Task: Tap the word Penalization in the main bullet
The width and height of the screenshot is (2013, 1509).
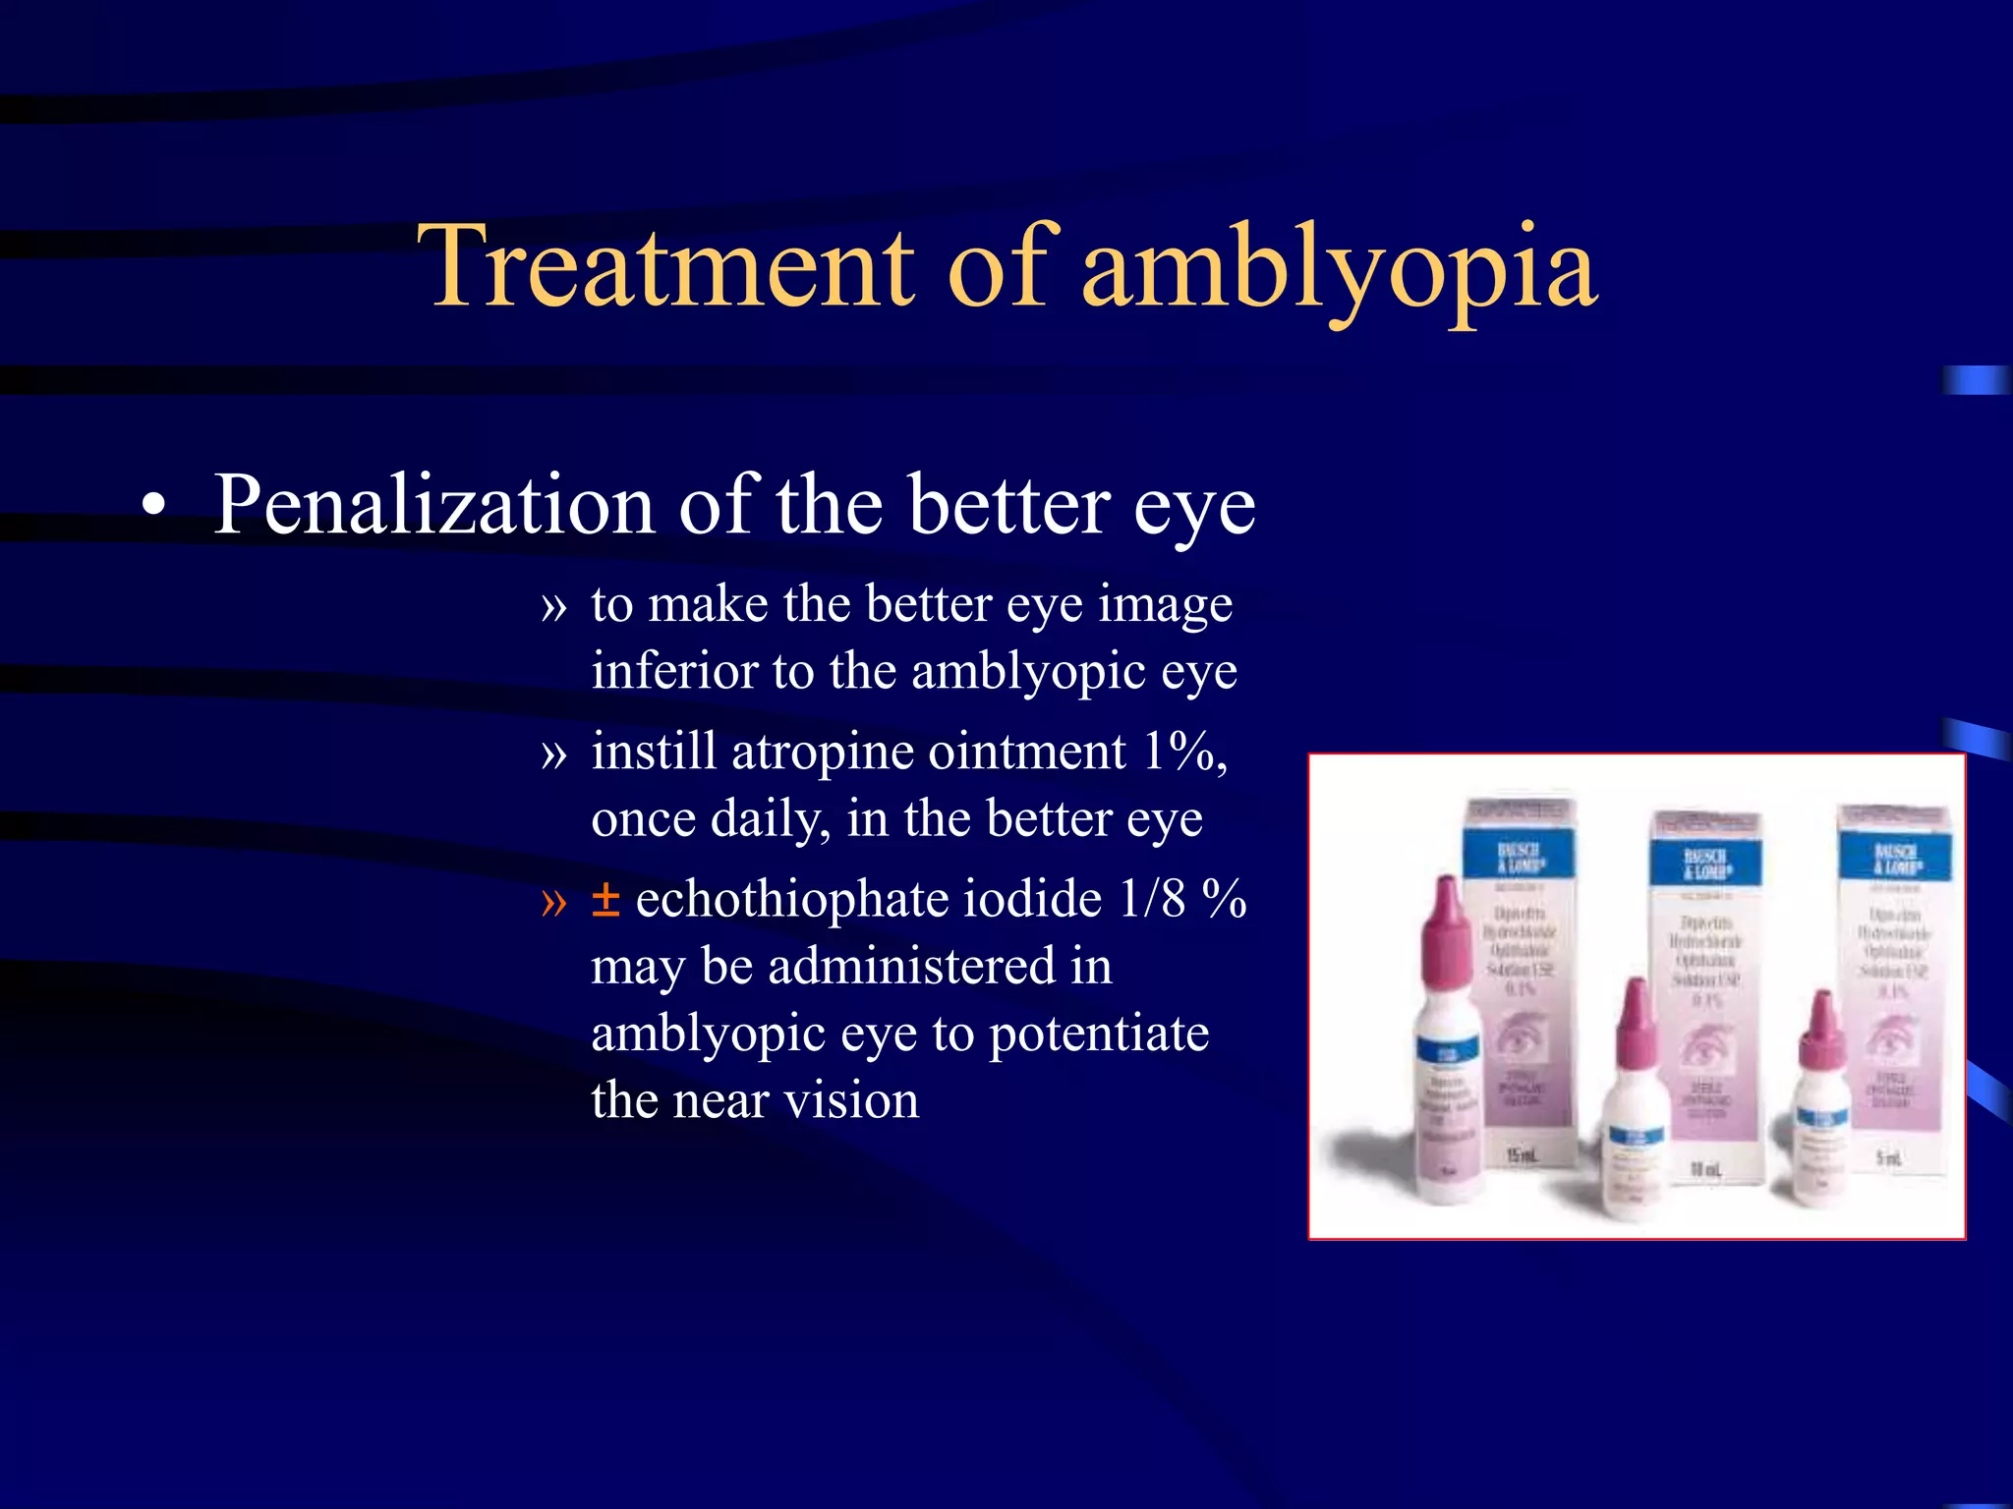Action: tap(434, 506)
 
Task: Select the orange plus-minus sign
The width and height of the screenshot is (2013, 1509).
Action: tap(605, 900)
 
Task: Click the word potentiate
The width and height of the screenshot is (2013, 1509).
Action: tap(1098, 1034)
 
